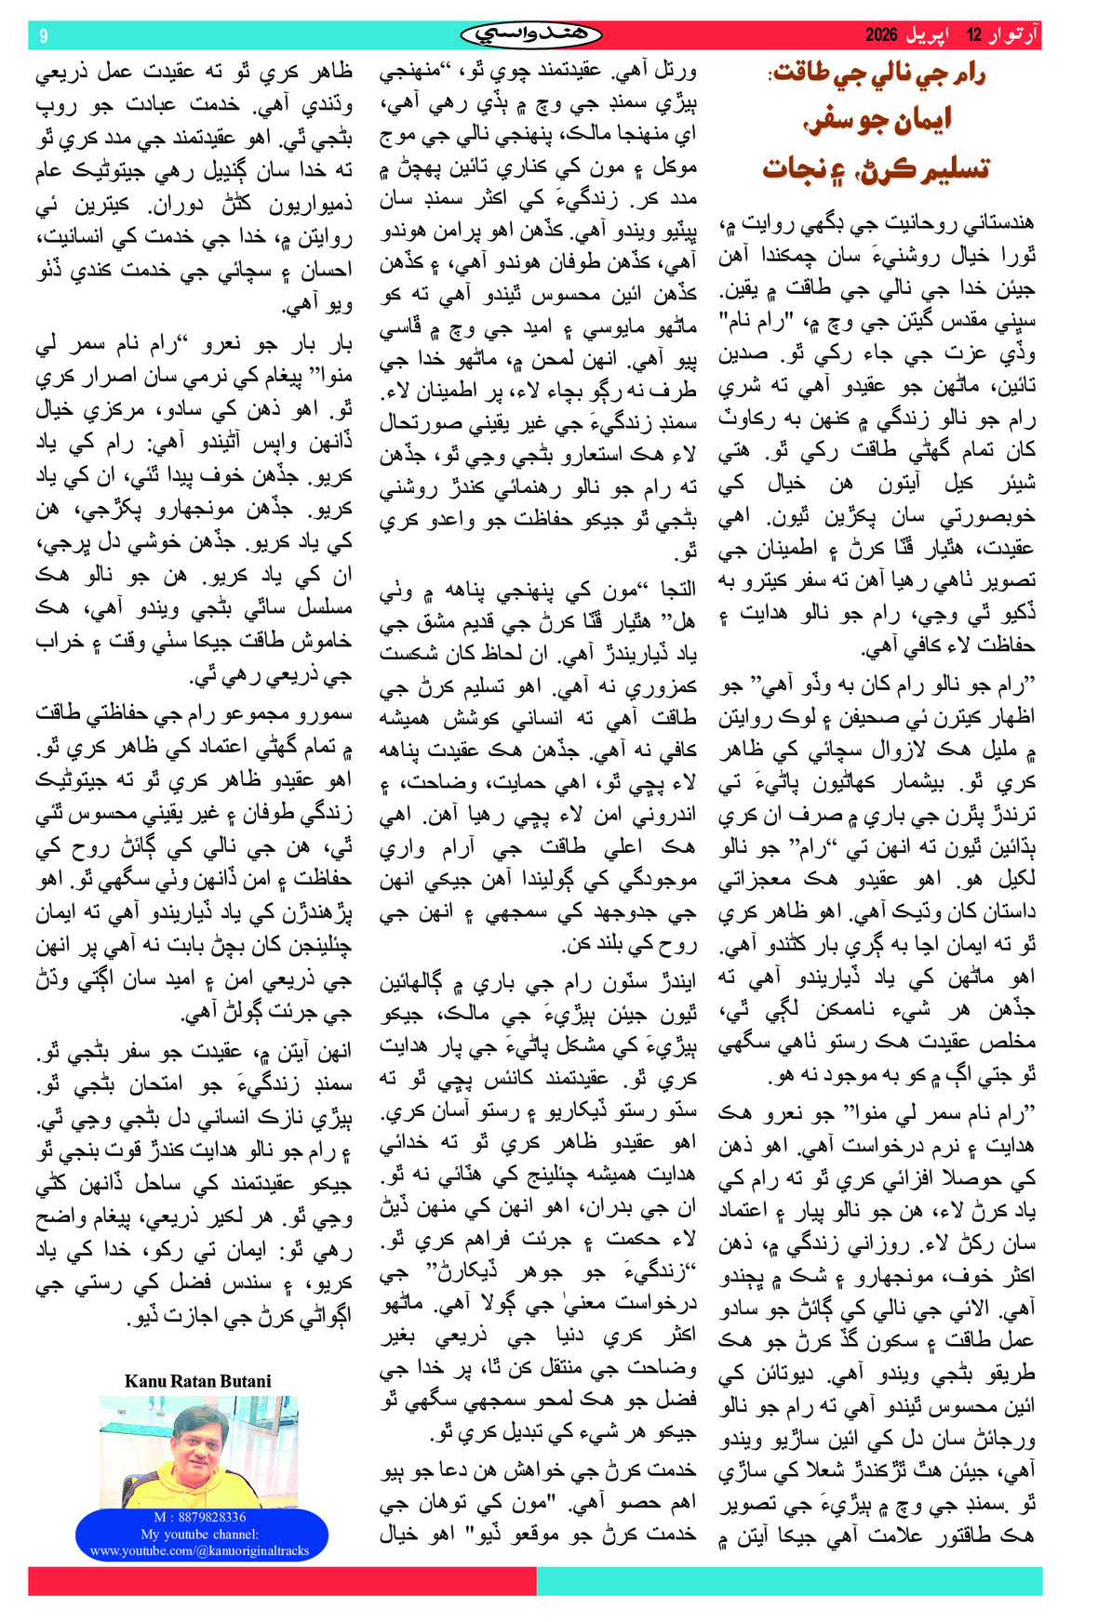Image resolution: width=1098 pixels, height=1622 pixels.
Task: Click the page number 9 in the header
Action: tap(43, 35)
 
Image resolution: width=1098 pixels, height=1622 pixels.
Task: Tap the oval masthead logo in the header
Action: tap(531, 35)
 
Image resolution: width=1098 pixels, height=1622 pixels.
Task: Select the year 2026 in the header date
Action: tap(881, 35)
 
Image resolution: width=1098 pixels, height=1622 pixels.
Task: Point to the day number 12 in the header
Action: tap(974, 35)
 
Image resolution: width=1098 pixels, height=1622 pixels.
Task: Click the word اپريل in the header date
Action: tap(931, 35)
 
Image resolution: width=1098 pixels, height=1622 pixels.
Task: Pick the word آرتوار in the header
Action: tap(1012, 35)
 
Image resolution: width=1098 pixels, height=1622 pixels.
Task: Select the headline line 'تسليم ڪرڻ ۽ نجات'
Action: tap(877, 168)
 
